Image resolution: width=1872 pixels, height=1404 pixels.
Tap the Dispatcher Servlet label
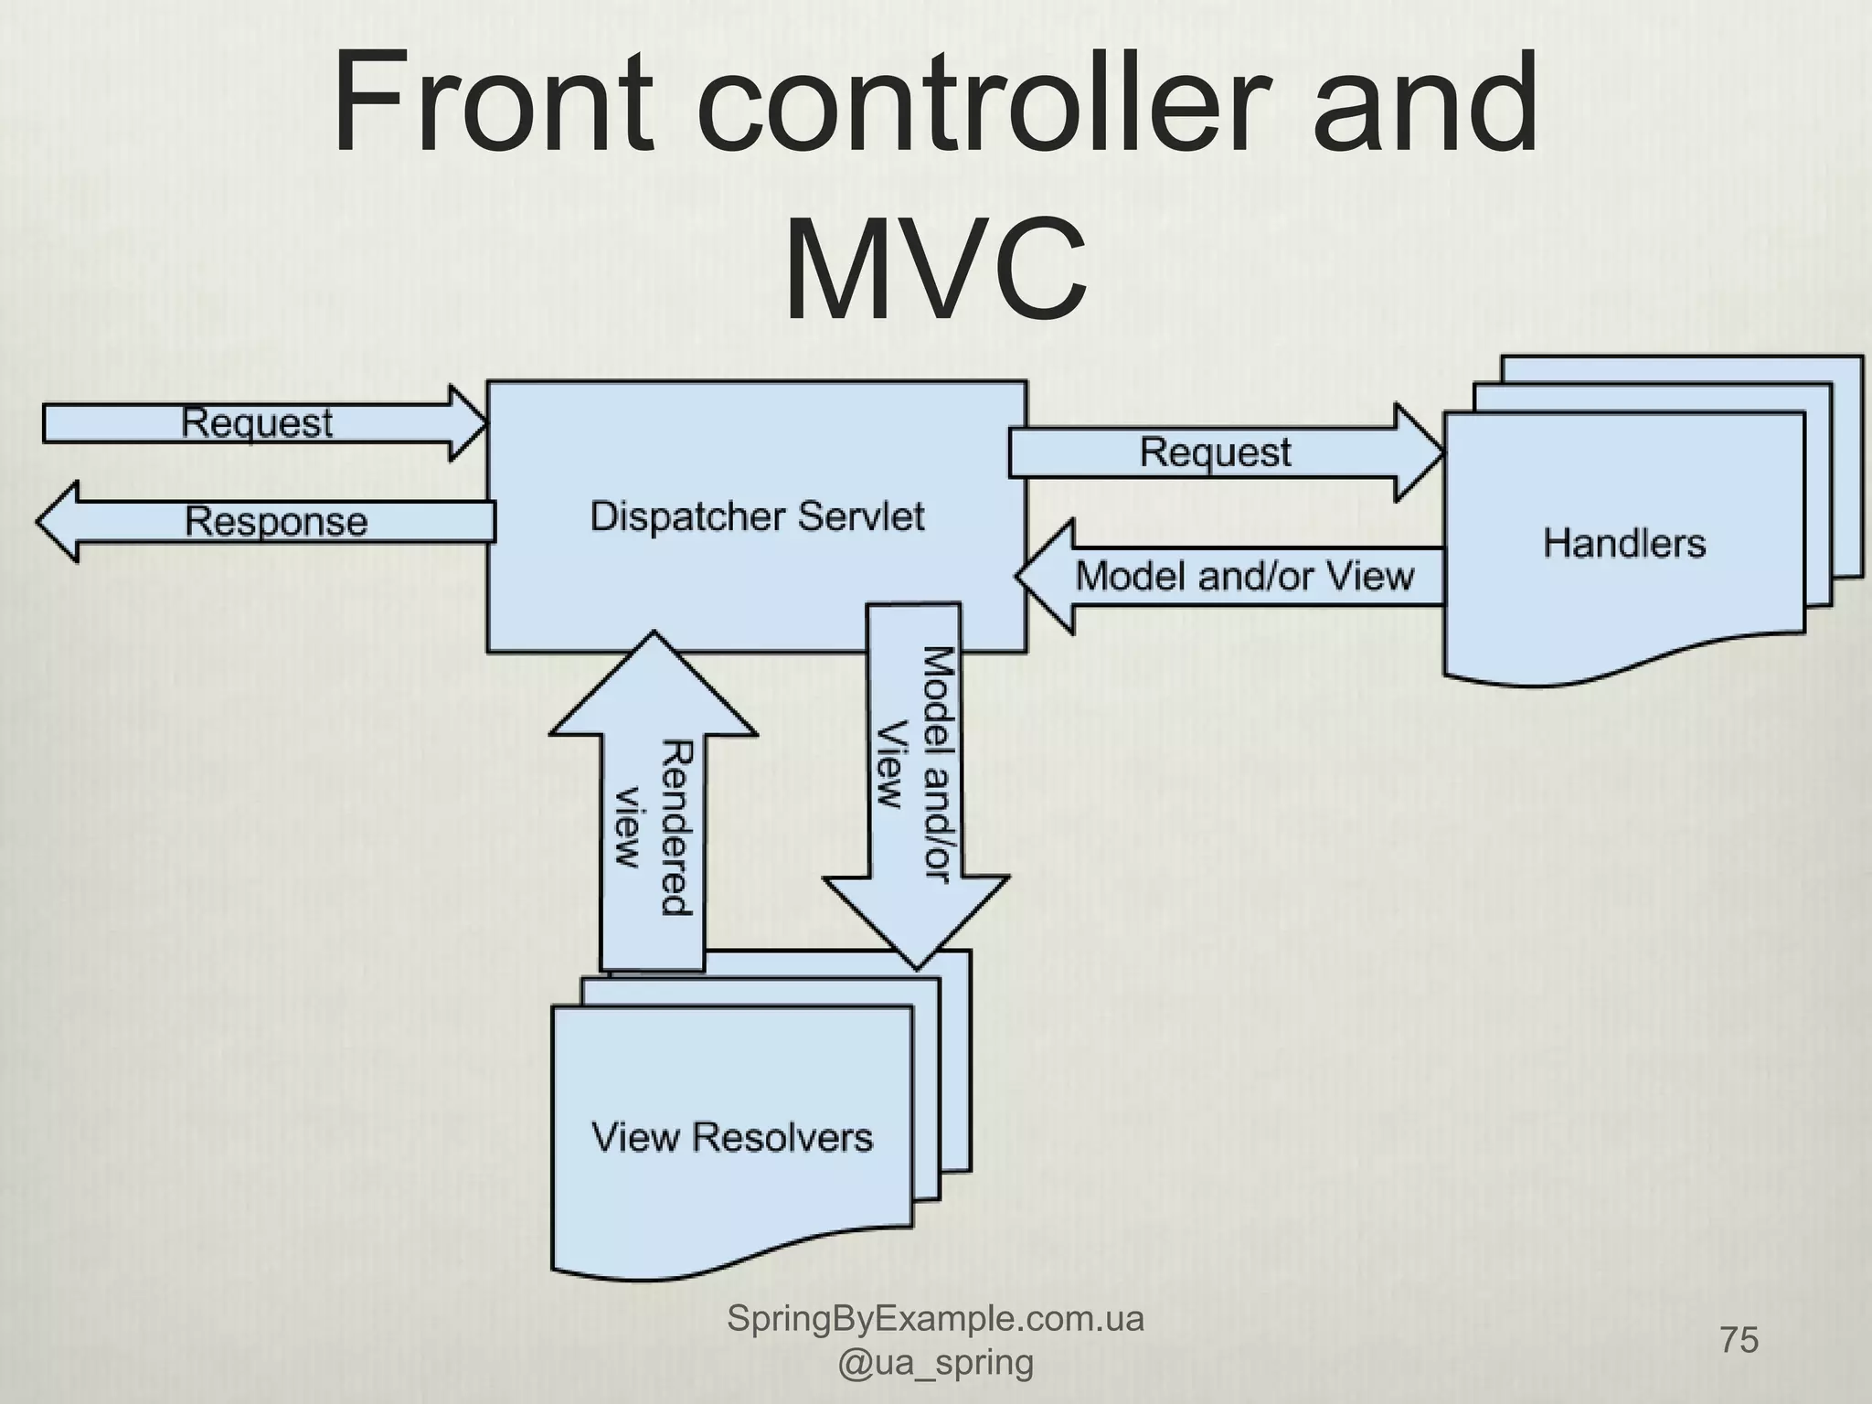757,517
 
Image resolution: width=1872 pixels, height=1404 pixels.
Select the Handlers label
1624,544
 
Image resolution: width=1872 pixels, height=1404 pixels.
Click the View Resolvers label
732,1138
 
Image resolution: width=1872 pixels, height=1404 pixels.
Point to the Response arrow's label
275,522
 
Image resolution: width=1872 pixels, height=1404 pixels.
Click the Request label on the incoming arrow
257,423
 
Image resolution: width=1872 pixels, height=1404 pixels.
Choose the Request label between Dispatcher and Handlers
1215,452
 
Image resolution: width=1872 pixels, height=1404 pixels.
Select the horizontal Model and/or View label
1244,576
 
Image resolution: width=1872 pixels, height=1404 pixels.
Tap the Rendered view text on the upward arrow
652,827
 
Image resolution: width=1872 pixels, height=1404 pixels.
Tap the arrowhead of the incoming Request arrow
467,423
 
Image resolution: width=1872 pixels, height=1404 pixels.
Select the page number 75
1739,1340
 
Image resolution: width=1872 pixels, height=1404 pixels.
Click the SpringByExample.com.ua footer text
935,1318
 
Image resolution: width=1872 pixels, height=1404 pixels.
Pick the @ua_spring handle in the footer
935,1363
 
